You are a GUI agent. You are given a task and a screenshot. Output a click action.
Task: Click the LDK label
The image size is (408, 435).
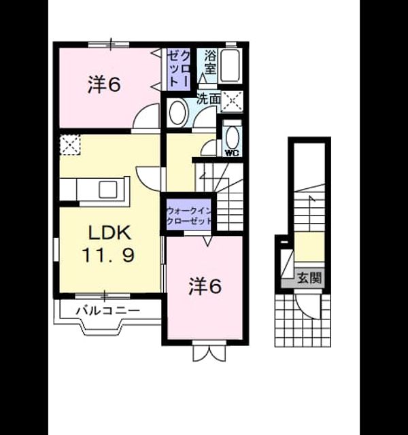109,232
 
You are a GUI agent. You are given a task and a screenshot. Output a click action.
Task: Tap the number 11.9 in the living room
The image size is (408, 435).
109,256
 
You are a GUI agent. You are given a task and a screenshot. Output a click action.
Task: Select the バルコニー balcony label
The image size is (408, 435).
108,310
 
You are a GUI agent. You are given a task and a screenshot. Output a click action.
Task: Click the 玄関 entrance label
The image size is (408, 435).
309,277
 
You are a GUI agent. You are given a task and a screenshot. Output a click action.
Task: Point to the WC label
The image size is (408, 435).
232,153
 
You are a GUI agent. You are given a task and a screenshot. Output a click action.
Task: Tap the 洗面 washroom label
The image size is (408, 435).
209,99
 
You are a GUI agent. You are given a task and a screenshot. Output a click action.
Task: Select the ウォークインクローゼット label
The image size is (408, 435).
189,216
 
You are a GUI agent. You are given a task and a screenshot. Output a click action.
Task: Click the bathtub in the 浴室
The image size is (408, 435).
230,65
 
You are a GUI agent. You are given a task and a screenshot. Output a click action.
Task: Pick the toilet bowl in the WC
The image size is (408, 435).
233,138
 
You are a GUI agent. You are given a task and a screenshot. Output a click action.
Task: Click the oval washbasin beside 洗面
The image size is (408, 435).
177,112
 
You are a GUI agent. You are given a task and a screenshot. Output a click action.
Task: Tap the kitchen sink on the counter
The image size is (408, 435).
108,190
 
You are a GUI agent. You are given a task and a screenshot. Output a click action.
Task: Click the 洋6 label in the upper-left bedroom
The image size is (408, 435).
104,84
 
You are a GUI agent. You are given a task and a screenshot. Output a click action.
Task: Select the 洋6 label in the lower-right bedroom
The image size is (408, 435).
205,286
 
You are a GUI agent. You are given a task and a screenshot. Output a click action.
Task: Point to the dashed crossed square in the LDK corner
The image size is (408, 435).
70,145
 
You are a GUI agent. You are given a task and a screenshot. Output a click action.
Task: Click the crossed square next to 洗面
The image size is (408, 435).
232,101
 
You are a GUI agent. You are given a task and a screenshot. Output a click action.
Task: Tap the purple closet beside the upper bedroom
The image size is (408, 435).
179,69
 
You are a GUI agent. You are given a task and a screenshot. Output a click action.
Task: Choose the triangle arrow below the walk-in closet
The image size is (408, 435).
207,241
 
